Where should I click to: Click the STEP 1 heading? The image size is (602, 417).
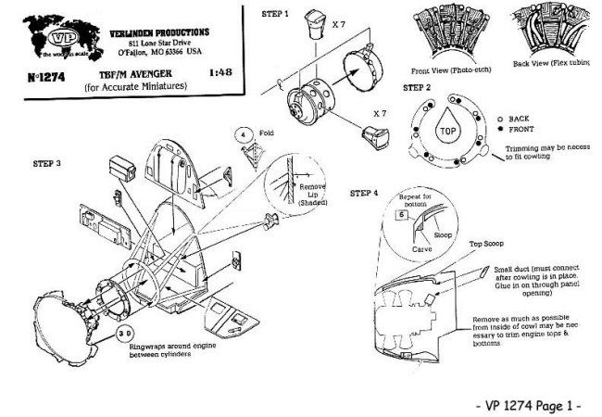[x=275, y=15]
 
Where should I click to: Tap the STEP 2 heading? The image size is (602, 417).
[x=418, y=86]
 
